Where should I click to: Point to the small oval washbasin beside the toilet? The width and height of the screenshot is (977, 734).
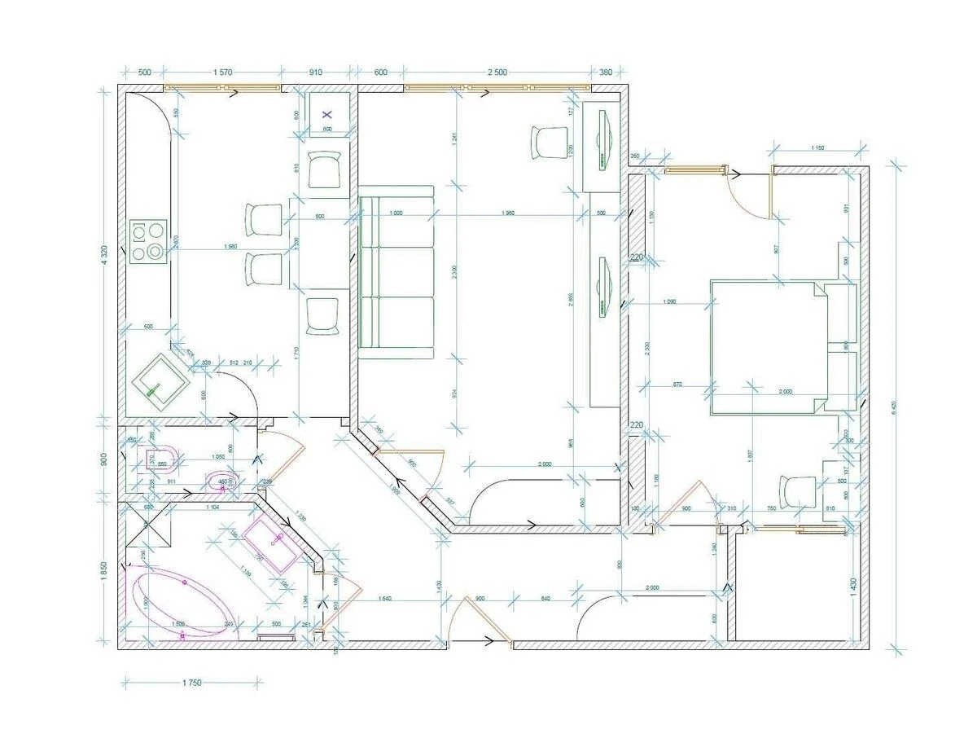221,483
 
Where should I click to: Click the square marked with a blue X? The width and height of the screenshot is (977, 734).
328,115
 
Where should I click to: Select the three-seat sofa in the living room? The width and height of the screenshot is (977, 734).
396,272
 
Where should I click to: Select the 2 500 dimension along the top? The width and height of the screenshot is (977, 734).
497,72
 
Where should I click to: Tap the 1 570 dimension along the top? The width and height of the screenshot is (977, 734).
223,72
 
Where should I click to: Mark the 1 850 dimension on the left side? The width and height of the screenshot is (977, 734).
105,571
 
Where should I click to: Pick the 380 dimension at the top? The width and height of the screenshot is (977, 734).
605,72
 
